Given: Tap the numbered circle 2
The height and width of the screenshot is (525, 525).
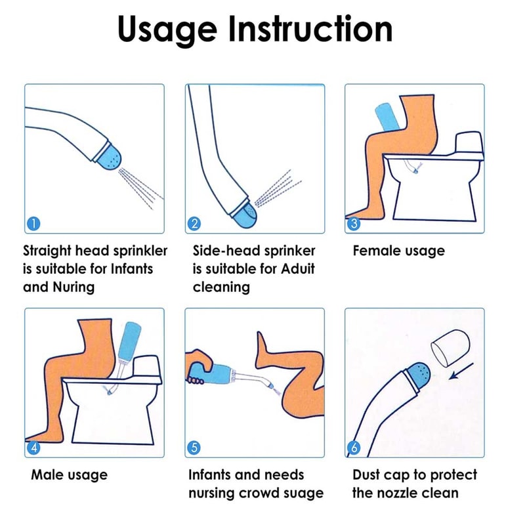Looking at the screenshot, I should pos(194,224).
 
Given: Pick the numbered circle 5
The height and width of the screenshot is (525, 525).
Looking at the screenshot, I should pos(194,448).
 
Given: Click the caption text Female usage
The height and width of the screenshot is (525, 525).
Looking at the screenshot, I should pos(398,251).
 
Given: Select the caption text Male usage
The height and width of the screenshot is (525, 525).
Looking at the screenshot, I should pos(69,474).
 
